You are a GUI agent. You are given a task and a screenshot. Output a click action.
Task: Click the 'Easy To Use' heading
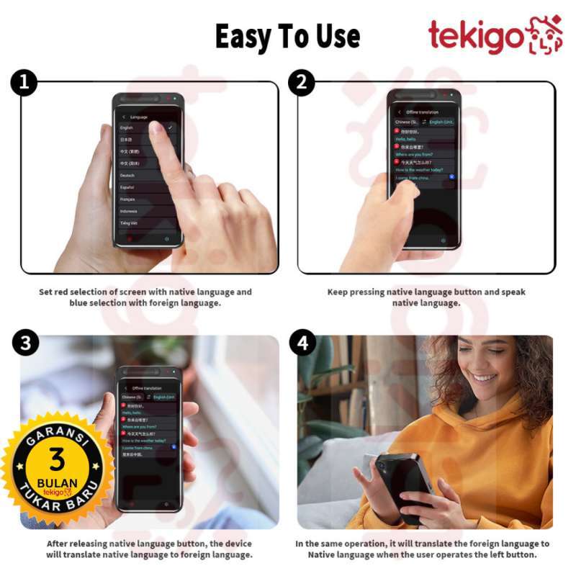tap(287, 35)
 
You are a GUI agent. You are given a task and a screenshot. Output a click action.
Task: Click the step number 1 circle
tap(24, 84)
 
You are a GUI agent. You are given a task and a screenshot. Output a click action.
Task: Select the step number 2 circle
tap(301, 84)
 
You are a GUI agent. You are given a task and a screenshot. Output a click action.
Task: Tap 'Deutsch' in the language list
tap(128, 175)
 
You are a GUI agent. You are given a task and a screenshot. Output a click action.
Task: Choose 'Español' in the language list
tap(128, 187)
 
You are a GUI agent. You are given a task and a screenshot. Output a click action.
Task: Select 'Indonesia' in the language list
tap(129, 211)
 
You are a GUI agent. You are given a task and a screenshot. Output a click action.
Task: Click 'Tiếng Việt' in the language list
tap(130, 223)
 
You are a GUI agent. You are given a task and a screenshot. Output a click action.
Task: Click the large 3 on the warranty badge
tap(56, 459)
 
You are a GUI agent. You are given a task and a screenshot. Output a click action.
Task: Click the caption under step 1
tap(145, 297)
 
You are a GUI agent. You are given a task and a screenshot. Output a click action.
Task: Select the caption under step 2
tap(426, 297)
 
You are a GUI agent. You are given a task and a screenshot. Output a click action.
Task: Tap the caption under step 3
tap(149, 549)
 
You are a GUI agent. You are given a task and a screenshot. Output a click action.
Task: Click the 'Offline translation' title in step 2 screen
tap(422, 112)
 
